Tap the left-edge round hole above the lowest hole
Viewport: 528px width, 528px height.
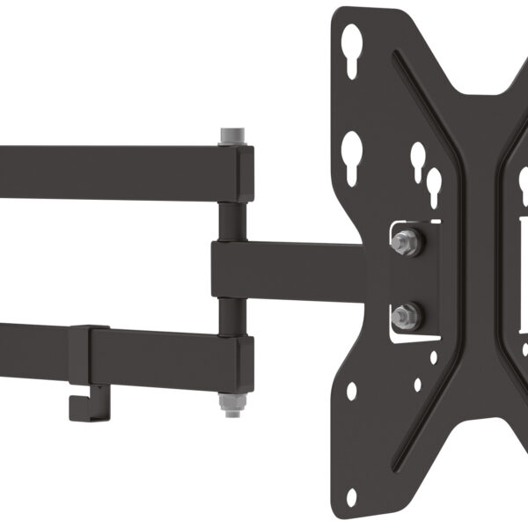(x=353, y=390)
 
